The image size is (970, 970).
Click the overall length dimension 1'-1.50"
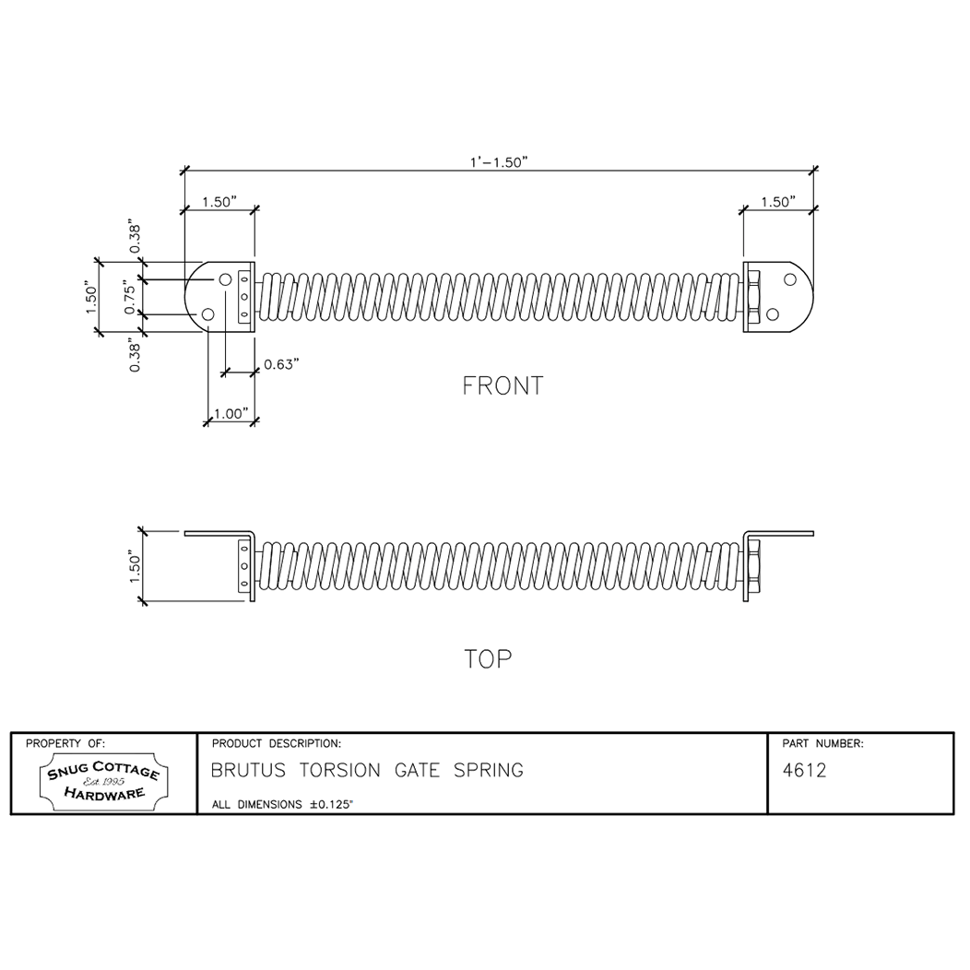point(498,161)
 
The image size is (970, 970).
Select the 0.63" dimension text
point(282,364)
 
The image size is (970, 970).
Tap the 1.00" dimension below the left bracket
point(230,414)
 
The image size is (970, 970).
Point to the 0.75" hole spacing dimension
point(130,297)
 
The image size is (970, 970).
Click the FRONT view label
point(503,385)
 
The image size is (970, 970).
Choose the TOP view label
point(488,659)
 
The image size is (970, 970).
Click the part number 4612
point(804,771)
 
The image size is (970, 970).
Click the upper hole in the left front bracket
point(225,279)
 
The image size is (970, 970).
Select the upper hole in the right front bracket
point(790,279)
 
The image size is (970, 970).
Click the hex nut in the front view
point(753,297)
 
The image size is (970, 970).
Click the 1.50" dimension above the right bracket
point(777,202)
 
